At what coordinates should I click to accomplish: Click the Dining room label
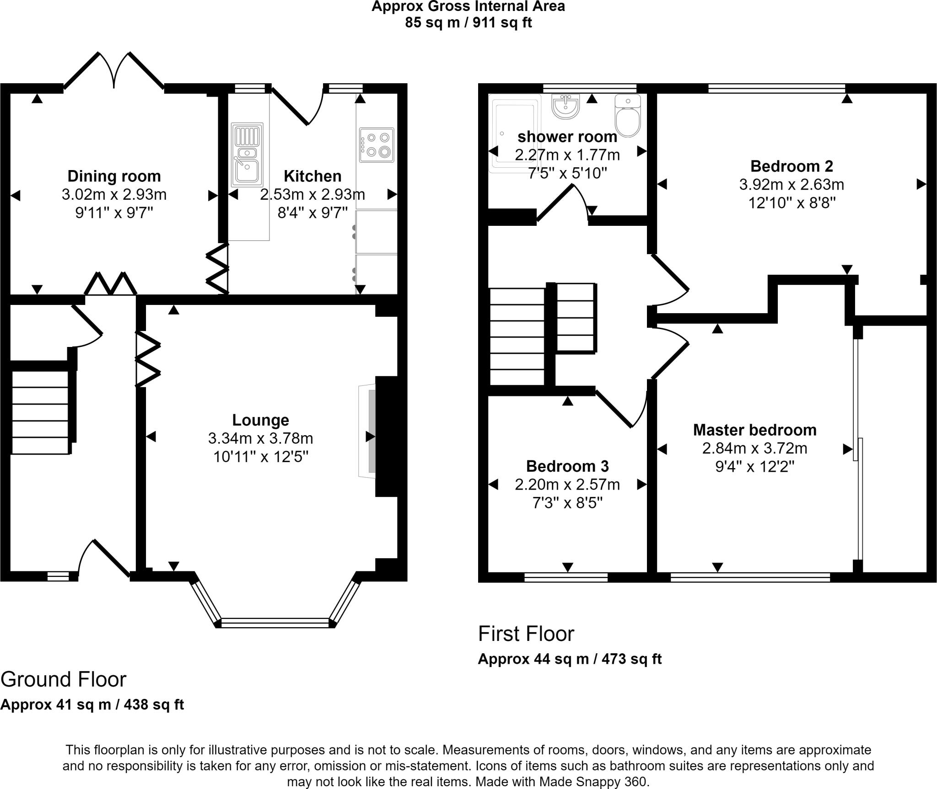(x=114, y=176)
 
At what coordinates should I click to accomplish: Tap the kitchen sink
(x=247, y=155)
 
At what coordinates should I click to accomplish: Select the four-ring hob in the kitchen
(x=377, y=145)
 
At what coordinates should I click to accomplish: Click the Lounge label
(x=260, y=420)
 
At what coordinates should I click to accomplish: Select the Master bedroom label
(x=754, y=430)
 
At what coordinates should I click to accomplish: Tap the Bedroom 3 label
(x=567, y=466)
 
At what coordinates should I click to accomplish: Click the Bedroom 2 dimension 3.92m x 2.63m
(x=792, y=185)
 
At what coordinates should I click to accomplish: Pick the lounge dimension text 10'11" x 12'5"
(x=260, y=457)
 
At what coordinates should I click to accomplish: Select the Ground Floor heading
(x=64, y=679)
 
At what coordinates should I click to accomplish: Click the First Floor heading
(x=526, y=634)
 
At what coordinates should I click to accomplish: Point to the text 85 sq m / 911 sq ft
(x=468, y=22)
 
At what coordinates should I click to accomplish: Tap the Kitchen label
(x=312, y=176)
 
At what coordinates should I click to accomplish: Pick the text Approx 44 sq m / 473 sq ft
(x=570, y=659)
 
